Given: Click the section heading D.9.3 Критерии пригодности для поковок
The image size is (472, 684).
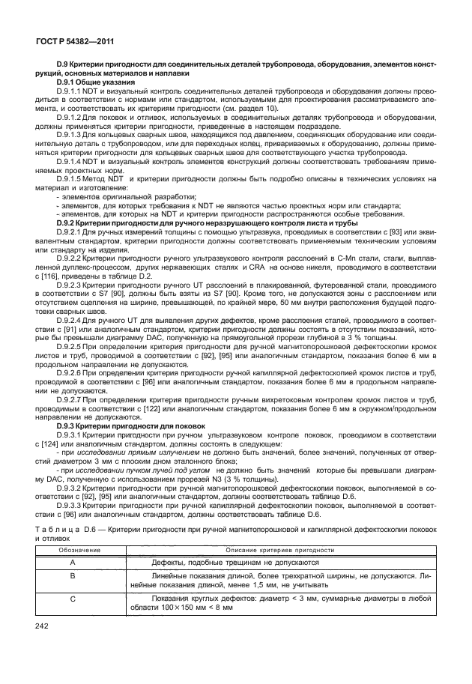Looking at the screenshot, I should click(121, 425).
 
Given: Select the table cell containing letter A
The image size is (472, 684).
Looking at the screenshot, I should click(72, 561).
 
